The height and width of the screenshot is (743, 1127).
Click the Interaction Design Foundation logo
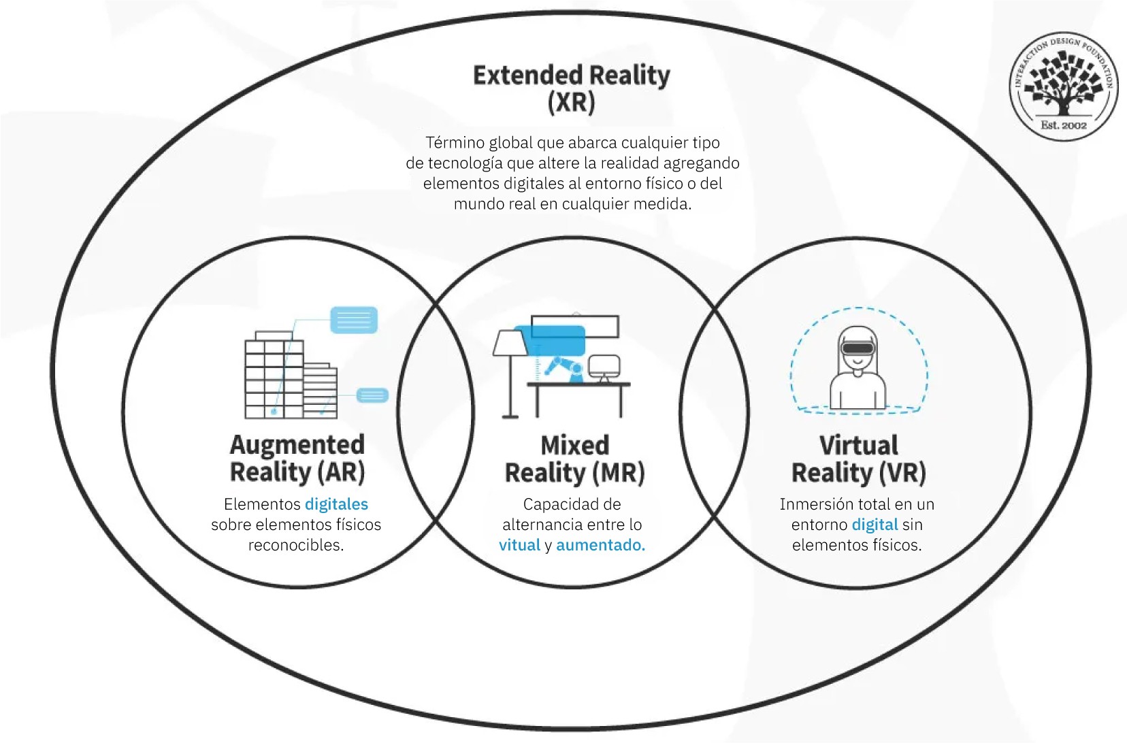[1064, 86]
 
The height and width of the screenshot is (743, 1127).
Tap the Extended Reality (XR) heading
[572, 88]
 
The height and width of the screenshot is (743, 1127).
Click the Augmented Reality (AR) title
[297, 459]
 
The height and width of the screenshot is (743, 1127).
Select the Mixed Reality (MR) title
[574, 459]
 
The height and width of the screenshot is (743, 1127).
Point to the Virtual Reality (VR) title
[858, 459]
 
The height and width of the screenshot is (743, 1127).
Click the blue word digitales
[337, 504]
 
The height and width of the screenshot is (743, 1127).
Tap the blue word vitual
[520, 545]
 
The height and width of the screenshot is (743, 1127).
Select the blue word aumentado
[601, 545]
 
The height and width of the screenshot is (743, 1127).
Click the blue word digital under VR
[875, 525]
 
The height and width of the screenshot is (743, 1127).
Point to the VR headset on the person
[858, 348]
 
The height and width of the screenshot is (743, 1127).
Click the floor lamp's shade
[510, 342]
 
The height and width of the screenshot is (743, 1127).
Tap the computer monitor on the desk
[604, 365]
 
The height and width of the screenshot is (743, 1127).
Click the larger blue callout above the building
[354, 319]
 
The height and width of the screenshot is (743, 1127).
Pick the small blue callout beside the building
[372, 395]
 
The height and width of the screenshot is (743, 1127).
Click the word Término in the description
[455, 142]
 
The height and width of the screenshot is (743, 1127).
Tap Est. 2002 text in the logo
[1064, 125]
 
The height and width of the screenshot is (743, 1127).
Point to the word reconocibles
[296, 545]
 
